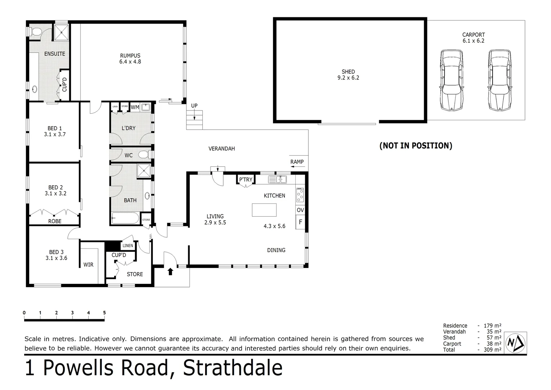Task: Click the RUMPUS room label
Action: point(130,56)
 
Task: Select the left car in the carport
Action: point(451,80)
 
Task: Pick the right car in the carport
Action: point(500,80)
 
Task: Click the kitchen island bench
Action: point(264,210)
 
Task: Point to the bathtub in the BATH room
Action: point(125,218)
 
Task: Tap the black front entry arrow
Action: point(171,271)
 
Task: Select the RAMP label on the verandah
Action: point(297,162)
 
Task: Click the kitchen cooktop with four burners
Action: point(300,195)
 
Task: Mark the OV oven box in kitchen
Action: point(300,210)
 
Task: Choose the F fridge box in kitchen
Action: point(300,222)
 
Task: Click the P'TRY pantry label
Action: point(246,179)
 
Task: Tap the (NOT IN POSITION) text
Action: point(415,146)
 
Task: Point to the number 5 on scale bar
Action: point(104,313)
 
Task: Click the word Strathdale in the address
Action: point(233,368)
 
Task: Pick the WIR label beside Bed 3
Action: point(88,265)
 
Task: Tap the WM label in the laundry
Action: point(135,107)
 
